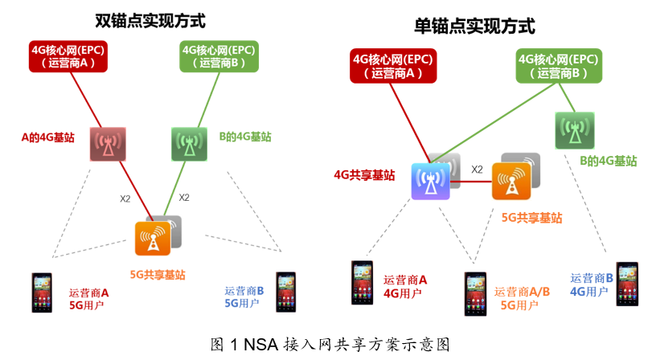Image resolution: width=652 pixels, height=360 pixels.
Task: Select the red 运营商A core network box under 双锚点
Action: tap(68, 55)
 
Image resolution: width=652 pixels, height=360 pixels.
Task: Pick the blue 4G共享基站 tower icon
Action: tap(433, 181)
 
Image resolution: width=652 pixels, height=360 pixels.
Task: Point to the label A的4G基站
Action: tap(48, 137)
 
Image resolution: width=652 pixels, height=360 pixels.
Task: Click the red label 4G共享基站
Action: tap(364, 174)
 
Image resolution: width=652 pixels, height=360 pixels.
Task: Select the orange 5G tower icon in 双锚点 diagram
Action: tap(153, 236)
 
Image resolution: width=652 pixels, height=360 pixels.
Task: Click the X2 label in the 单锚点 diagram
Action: tap(477, 170)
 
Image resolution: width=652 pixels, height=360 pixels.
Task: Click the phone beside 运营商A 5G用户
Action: tap(41, 293)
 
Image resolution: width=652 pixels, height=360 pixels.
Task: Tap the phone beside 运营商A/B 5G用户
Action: tap(475, 293)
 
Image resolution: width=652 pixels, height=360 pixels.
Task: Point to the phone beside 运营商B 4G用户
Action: tap(627, 283)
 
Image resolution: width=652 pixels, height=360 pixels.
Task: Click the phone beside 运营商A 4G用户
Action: tap(362, 283)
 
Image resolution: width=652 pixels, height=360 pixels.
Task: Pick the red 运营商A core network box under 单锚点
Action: tap(388, 65)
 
